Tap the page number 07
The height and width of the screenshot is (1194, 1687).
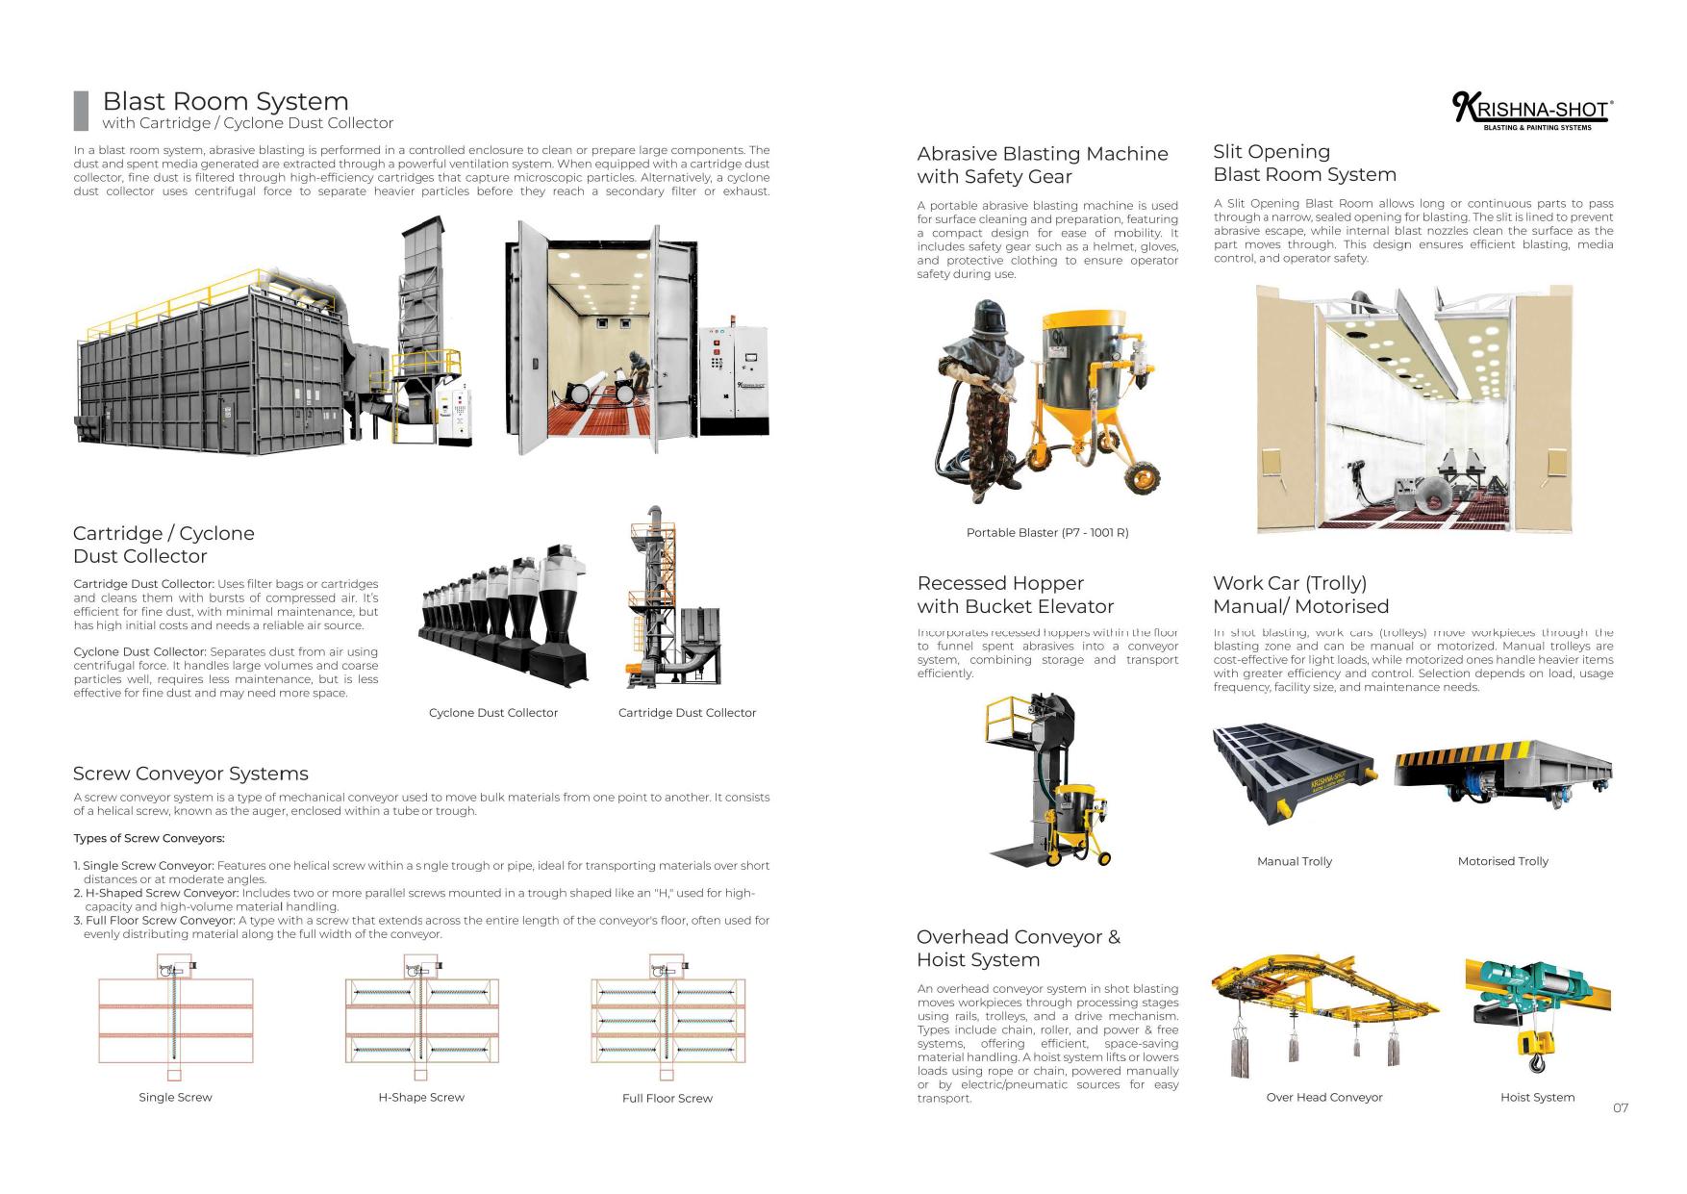pos(1621,1107)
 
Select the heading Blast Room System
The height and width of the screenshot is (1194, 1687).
pos(225,101)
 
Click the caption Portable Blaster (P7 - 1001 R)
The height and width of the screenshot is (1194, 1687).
pos(1046,532)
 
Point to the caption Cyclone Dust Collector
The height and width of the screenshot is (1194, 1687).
pos(492,713)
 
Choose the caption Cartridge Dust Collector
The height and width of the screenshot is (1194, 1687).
pos(687,713)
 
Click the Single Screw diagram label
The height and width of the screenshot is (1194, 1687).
pos(175,1097)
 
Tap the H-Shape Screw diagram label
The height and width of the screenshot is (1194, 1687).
pos(421,1097)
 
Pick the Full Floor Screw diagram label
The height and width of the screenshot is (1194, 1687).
pos(667,1098)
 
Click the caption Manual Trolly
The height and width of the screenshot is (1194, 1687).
pos(1294,861)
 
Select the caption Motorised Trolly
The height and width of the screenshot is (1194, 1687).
pos(1502,861)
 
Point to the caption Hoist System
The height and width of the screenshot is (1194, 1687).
pos(1537,1097)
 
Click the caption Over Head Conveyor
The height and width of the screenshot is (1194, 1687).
pos(1323,1097)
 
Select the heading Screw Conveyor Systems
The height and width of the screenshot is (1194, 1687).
pos(190,774)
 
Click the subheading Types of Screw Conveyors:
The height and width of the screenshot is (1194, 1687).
pos(149,838)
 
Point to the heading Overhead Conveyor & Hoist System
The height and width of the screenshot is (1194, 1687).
pos(1018,948)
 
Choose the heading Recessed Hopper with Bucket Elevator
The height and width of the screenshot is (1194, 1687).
pos(1015,595)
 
